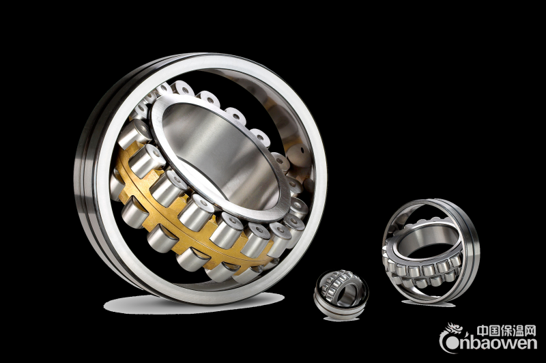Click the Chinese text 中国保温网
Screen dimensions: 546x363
point(506,331)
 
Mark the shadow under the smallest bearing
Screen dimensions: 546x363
point(341,319)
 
